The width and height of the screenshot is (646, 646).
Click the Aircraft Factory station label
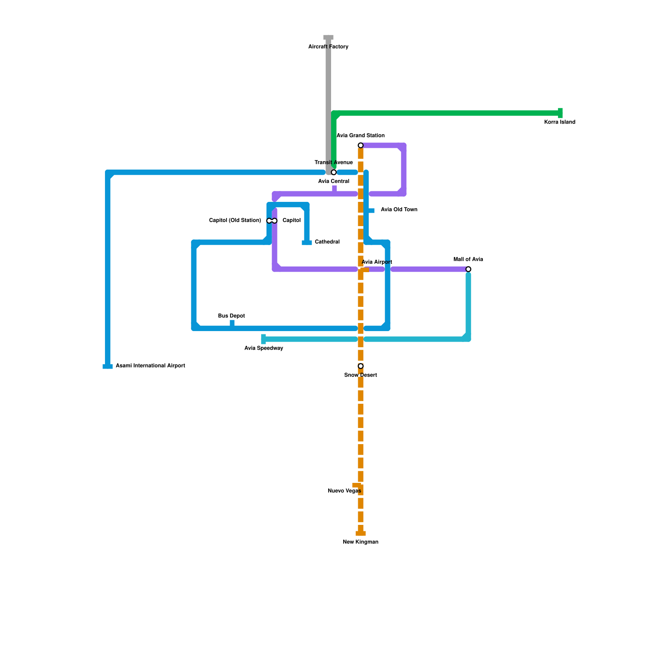(328, 47)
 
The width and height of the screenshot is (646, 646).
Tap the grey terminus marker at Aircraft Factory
(328, 38)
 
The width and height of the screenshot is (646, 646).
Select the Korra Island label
(559, 122)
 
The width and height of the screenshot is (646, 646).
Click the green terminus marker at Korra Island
(560, 113)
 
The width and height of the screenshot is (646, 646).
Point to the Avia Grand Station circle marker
(361, 145)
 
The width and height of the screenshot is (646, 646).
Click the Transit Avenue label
(333, 163)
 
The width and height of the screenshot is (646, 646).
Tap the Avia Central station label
(333, 181)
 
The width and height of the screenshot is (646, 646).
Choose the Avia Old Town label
(399, 210)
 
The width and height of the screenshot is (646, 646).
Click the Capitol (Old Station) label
(235, 220)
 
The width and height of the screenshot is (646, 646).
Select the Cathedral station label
(327, 242)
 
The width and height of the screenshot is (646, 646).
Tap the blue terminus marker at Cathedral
(307, 243)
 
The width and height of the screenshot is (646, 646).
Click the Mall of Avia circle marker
(468, 269)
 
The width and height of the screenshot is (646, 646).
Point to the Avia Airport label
(377, 262)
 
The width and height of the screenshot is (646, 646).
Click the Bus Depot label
(231, 316)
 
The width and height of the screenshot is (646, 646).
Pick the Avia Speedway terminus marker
(264, 339)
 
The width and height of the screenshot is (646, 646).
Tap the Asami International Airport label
(150, 366)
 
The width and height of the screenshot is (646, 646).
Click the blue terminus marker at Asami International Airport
(107, 367)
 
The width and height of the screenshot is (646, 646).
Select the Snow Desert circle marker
(361, 366)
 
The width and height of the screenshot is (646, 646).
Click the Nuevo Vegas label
(344, 491)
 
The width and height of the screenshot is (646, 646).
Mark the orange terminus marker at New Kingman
(361, 533)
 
